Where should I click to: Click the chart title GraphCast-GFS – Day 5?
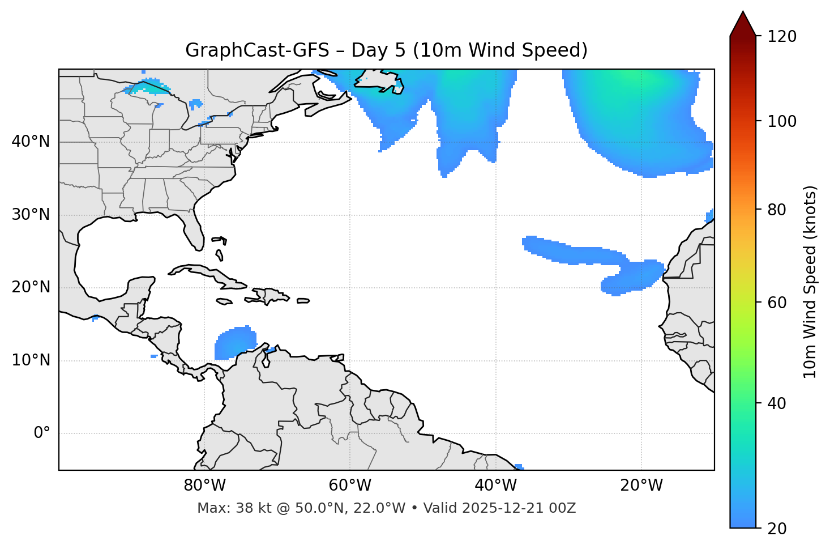tap(386, 50)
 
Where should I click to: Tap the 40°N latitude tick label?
tap(31, 142)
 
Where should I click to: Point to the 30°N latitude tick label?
tap(31, 215)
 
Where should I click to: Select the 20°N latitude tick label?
tap(31, 287)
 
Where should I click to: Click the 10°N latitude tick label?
tap(31, 360)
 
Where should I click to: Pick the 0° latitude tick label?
tap(42, 433)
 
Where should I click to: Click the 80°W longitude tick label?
tap(204, 486)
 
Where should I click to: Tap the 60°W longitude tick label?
tap(350, 486)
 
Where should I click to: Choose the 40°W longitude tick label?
tap(495, 486)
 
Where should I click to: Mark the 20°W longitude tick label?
tap(641, 486)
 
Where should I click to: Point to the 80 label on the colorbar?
tap(780, 210)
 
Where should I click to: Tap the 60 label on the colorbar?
tap(780, 303)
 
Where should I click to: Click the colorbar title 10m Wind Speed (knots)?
tap(811, 282)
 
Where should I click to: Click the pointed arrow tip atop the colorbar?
tap(743, 14)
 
